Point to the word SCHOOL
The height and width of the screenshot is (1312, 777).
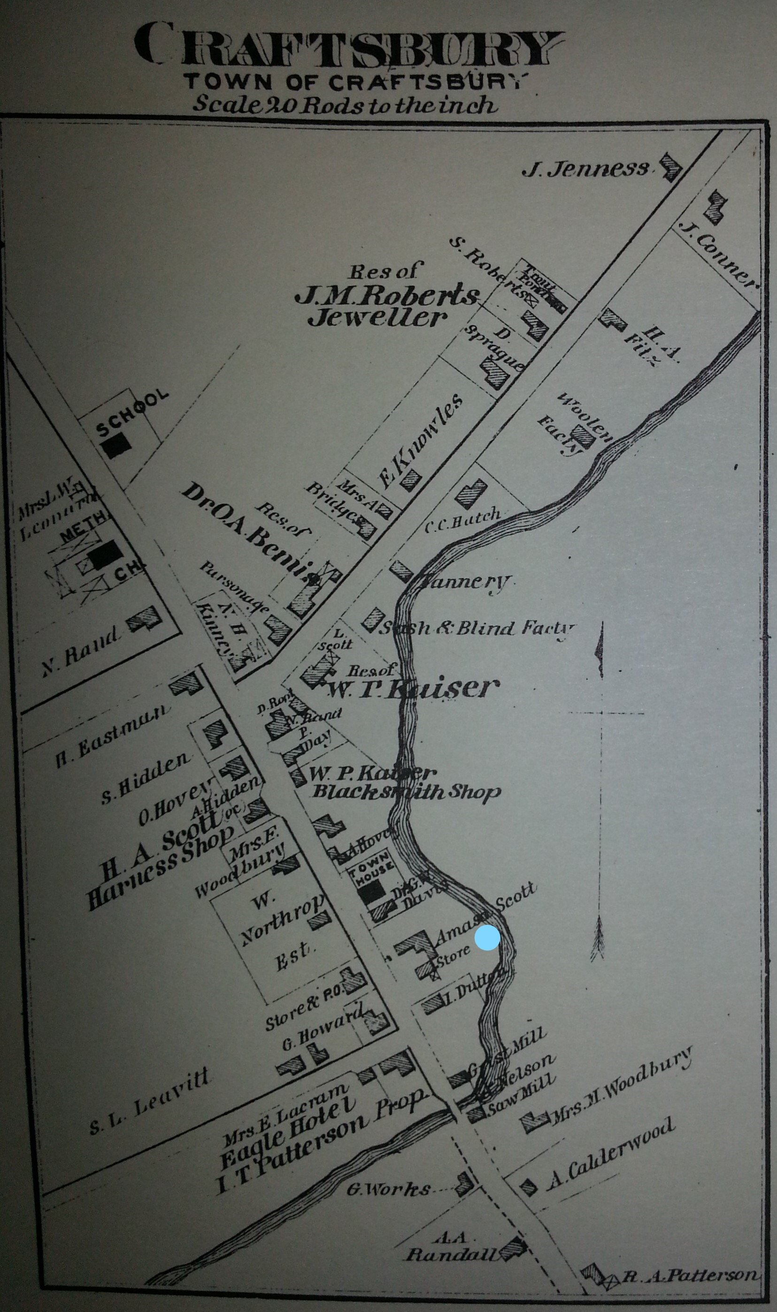point(133,413)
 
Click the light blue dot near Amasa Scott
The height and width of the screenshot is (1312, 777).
point(487,938)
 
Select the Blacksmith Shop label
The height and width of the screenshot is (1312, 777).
point(406,792)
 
